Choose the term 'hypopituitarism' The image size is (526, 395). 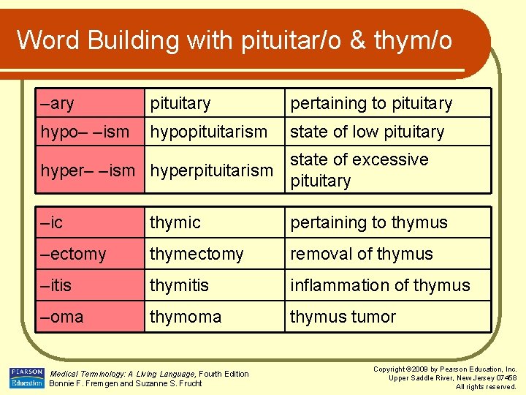pyautogui.click(x=209, y=132)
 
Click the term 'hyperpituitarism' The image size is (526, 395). pyautogui.click(x=211, y=170)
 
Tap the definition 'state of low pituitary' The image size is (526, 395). pyautogui.click(x=367, y=132)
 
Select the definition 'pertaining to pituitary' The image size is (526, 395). pyautogui.click(x=371, y=103)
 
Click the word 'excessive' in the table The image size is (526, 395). pyautogui.click(x=391, y=159)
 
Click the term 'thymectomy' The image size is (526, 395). pyautogui.click(x=197, y=254)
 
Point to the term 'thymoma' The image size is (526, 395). pyautogui.click(x=186, y=317)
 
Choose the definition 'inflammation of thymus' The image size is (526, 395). pyautogui.click(x=380, y=285)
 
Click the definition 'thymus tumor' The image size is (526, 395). pyautogui.click(x=343, y=317)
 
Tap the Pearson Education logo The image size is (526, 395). pyautogui.click(x=27, y=377)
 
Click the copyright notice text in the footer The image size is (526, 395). pyautogui.click(x=445, y=377)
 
